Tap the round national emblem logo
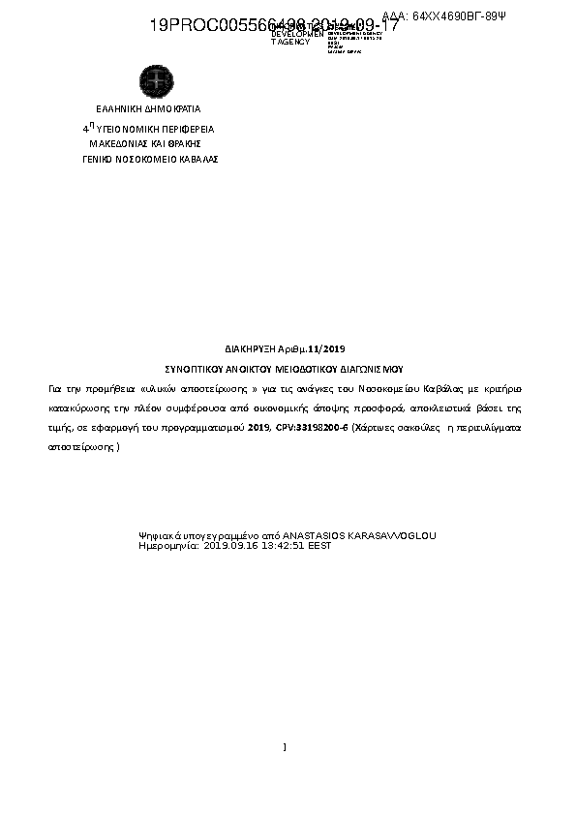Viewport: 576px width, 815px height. (x=155, y=78)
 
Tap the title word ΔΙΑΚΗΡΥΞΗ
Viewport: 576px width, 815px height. (x=251, y=347)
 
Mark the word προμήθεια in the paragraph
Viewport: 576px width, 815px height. (x=106, y=387)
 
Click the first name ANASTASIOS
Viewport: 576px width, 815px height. (x=318, y=535)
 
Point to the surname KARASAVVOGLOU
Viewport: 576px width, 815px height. (x=395, y=535)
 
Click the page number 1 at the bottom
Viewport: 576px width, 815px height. (x=285, y=746)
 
